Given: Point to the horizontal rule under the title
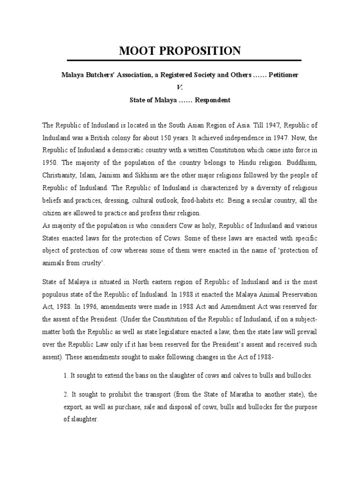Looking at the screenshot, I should pos(184,60).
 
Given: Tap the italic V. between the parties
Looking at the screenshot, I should pos(180,88).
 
